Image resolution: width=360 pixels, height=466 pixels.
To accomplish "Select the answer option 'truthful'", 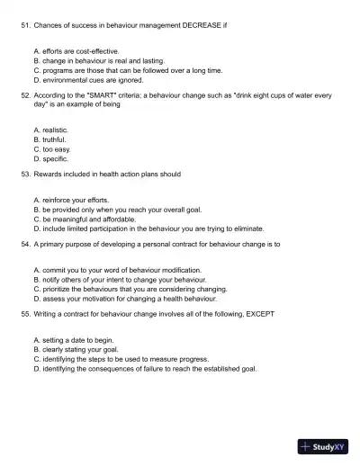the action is [54, 140].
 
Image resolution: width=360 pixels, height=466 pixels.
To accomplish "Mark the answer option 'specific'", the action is [54, 158].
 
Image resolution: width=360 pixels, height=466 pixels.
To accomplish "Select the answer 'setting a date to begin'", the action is [77, 340].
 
